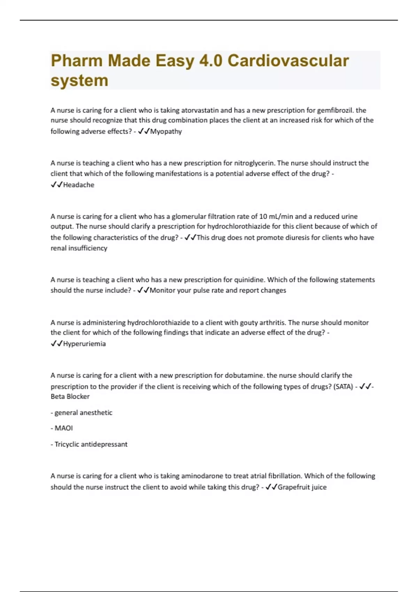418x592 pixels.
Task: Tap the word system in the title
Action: pyautogui.click(x=79, y=81)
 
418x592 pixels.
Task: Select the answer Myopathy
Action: pyautogui.click(x=166, y=132)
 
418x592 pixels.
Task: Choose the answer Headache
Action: pyautogui.click(x=78, y=185)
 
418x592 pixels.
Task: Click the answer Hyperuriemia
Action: pyautogui.click(x=84, y=344)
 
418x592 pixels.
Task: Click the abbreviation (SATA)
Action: pyautogui.click(x=343, y=387)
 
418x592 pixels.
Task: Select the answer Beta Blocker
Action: pyautogui.click(x=70, y=397)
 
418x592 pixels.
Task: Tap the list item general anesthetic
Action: pyautogui.click(x=83, y=413)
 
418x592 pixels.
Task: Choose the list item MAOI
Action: pyautogui.click(x=63, y=428)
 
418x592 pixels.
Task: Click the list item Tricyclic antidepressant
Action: pyautogui.click(x=91, y=444)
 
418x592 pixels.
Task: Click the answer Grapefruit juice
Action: pyautogui.click(x=302, y=487)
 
